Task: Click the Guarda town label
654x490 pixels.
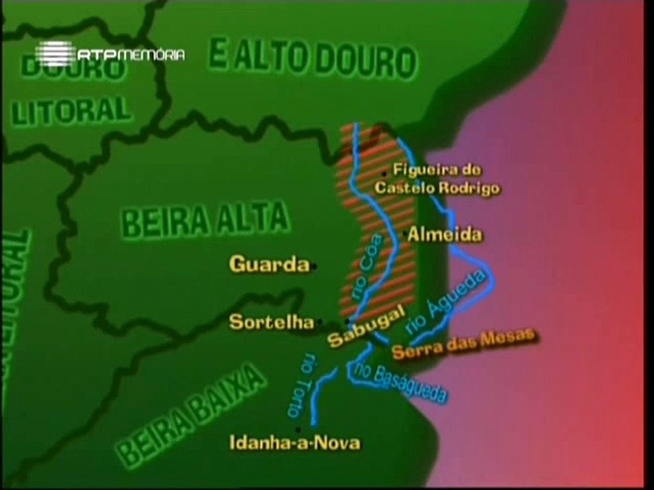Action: (269, 264)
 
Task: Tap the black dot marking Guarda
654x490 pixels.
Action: (314, 266)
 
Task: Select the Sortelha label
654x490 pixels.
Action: (266, 322)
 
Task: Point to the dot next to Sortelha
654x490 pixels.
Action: (320, 323)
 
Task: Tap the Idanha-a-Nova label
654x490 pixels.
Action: (294, 444)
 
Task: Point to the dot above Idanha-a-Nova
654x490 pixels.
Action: (298, 429)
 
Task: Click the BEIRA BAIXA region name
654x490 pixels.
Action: (191, 415)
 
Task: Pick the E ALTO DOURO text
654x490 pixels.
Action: (311, 59)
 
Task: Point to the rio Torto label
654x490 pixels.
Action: (300, 385)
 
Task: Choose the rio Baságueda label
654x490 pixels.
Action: (401, 382)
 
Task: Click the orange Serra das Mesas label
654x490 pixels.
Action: (465, 343)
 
